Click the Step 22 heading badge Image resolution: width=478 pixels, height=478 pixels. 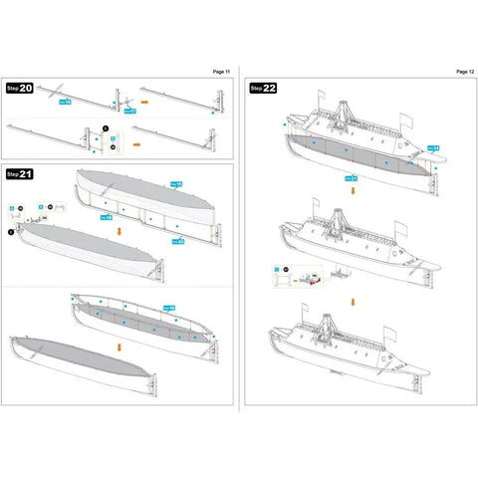[x=263, y=88]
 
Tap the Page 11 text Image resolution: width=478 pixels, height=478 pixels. [x=221, y=72]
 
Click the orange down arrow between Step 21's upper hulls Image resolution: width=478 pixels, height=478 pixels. [x=120, y=230]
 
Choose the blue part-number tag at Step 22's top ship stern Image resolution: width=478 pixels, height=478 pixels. [x=434, y=148]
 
